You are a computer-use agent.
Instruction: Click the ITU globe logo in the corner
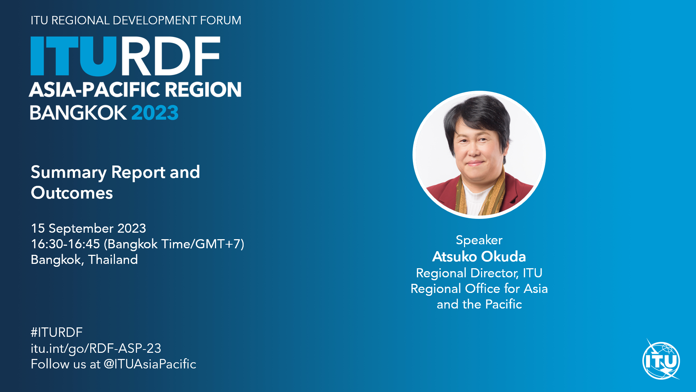(x=661, y=360)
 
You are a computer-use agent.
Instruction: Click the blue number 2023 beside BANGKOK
(x=155, y=113)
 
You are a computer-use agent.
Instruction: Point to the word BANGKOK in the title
(x=78, y=113)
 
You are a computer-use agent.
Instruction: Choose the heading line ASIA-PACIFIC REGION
(x=135, y=89)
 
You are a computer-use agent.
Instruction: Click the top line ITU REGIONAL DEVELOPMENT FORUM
(x=136, y=20)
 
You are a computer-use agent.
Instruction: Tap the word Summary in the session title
(x=69, y=172)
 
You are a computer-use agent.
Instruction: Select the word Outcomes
(x=72, y=193)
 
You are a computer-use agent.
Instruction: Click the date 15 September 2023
(x=88, y=228)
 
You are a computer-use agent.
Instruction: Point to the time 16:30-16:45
(x=66, y=244)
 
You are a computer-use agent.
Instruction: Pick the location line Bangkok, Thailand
(x=84, y=260)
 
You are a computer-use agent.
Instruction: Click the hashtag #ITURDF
(x=57, y=332)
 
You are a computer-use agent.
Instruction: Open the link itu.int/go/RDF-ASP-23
(x=96, y=348)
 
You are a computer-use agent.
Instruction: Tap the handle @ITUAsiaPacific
(x=150, y=364)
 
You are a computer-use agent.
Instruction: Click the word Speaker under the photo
(x=479, y=240)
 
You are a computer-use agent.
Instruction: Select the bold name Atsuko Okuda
(x=479, y=257)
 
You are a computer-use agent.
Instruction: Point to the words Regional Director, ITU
(x=479, y=273)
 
